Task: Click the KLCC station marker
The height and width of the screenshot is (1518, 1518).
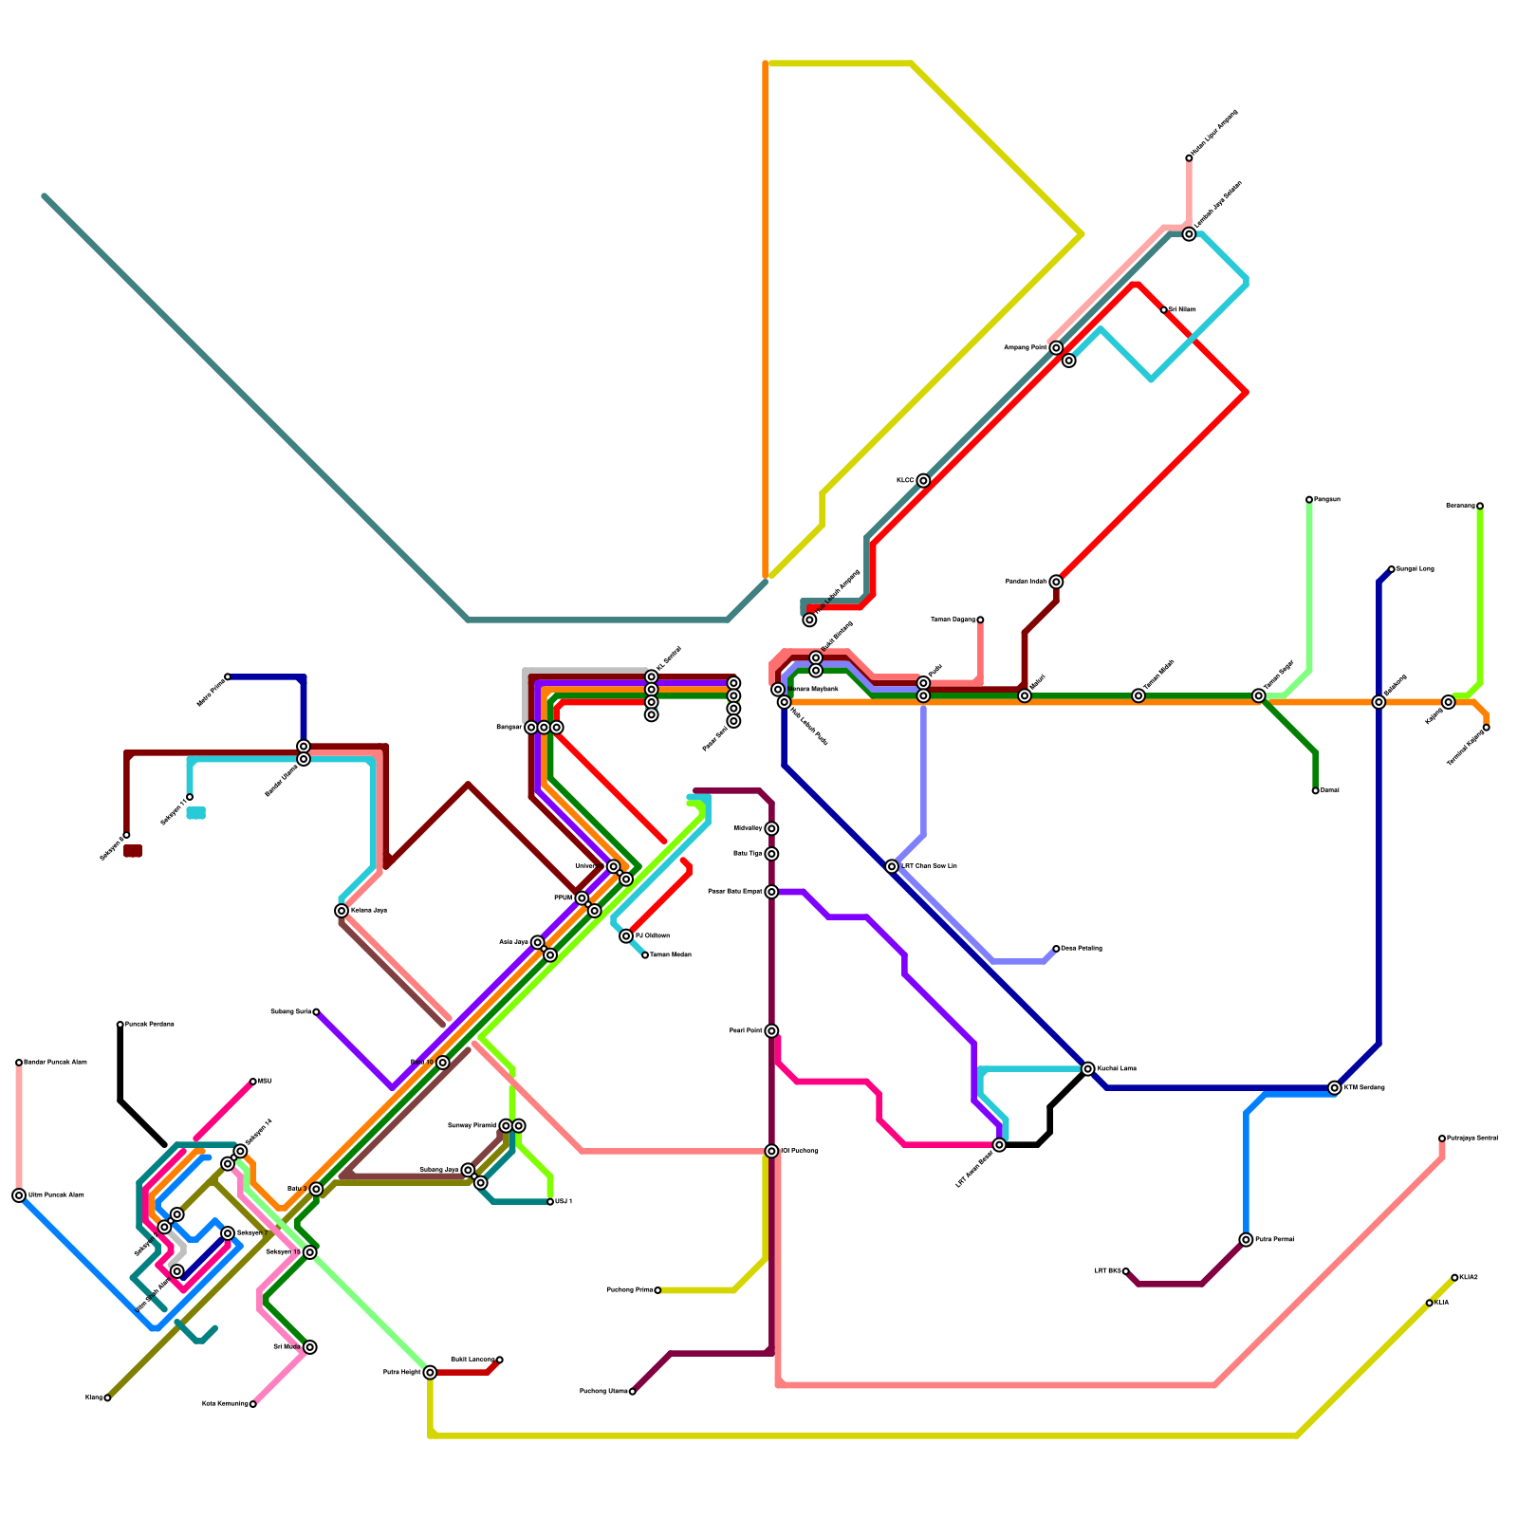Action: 923,481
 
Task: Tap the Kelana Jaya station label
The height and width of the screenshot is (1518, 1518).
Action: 369,911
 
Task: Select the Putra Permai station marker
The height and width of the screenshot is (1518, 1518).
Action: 1246,1240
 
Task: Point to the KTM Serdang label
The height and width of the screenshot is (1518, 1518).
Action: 1364,1087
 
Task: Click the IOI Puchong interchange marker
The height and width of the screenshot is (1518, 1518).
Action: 771,1151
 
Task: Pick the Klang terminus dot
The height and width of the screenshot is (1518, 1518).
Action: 107,1398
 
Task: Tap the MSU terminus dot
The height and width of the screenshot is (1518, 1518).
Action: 253,1082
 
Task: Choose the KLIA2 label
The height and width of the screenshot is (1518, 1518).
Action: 1469,1277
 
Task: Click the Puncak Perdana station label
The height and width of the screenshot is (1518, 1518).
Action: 150,1025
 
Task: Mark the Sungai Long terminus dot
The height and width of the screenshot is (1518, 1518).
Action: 1391,569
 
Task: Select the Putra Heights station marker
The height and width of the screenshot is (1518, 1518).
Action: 430,1372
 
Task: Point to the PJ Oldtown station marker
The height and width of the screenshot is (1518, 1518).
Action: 626,936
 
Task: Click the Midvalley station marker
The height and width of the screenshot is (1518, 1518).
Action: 771,828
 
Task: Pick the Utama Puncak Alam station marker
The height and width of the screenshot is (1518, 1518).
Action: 19,1195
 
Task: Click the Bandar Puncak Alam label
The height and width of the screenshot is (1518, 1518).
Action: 55,1063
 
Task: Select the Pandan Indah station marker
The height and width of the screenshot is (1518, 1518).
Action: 1056,582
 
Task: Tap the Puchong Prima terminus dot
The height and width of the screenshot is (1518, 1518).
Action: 657,1290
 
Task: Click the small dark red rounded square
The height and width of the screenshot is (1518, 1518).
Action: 133,851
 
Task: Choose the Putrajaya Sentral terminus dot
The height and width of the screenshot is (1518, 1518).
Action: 1442,1138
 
